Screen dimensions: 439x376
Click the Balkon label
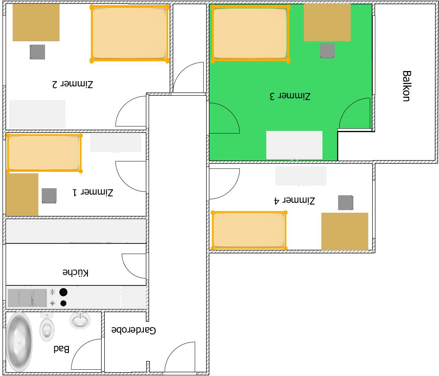[x=407, y=86]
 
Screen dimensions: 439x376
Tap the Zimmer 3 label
[x=290, y=96]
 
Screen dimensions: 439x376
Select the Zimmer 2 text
[x=73, y=84]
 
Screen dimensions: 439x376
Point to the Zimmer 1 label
[x=93, y=192]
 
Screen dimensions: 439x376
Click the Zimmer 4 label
[x=295, y=200]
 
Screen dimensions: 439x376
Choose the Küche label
[x=76, y=273]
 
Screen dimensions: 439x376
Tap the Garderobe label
[x=134, y=330]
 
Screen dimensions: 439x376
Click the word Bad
[x=61, y=349]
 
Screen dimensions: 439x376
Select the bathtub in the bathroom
[x=19, y=342]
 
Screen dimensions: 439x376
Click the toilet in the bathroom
[x=47, y=328]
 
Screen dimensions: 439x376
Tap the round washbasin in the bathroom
[x=80, y=320]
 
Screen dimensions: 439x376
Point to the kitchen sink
[x=28, y=298]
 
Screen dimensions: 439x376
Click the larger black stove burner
[x=64, y=292]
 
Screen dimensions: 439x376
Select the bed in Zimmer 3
[x=251, y=33]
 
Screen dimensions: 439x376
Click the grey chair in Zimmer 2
[x=38, y=52]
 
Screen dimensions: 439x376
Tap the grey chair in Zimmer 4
[x=346, y=203]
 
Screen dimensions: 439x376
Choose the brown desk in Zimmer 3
[x=327, y=22]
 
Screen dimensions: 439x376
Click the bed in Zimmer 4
[x=249, y=230]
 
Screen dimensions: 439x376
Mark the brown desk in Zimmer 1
[x=22, y=195]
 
